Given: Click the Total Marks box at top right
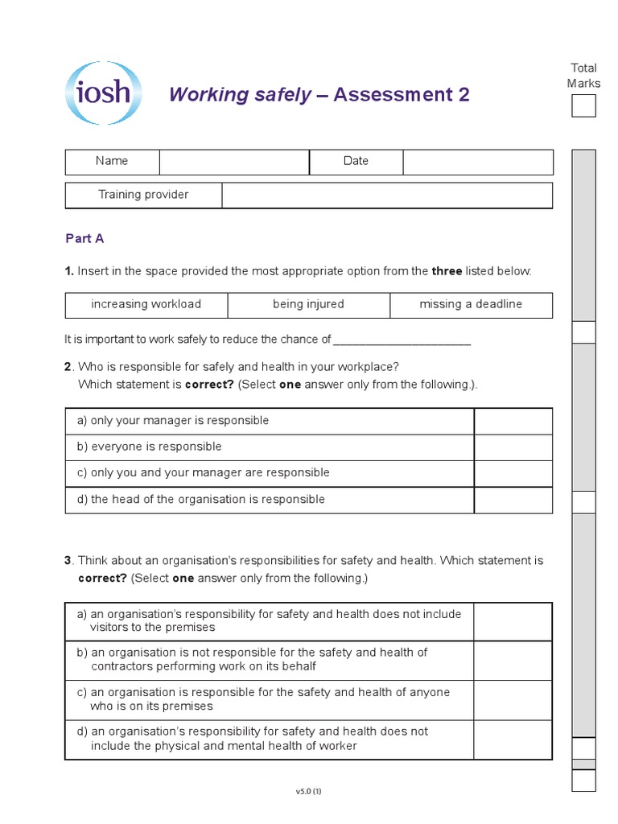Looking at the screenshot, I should (583, 105).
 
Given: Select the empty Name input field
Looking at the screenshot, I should (234, 162).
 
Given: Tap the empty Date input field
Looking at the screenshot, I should (478, 162).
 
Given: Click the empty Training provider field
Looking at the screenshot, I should (387, 196).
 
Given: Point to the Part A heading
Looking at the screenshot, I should (84, 238).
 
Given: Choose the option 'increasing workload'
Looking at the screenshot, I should (146, 304).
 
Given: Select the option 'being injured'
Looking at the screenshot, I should (308, 304).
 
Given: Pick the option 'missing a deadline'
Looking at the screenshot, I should (471, 304).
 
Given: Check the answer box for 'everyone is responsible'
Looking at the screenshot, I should (513, 447).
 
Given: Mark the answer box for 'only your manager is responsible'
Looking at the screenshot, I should (513, 421).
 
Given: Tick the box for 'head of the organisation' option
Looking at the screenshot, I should (513, 500).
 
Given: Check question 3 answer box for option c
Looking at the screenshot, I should (513, 699).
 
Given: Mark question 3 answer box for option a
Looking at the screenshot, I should (513, 621).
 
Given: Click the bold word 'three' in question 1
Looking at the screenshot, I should (447, 271).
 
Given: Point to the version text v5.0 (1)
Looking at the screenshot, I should (309, 792).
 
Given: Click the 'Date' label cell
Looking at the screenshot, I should (356, 162).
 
